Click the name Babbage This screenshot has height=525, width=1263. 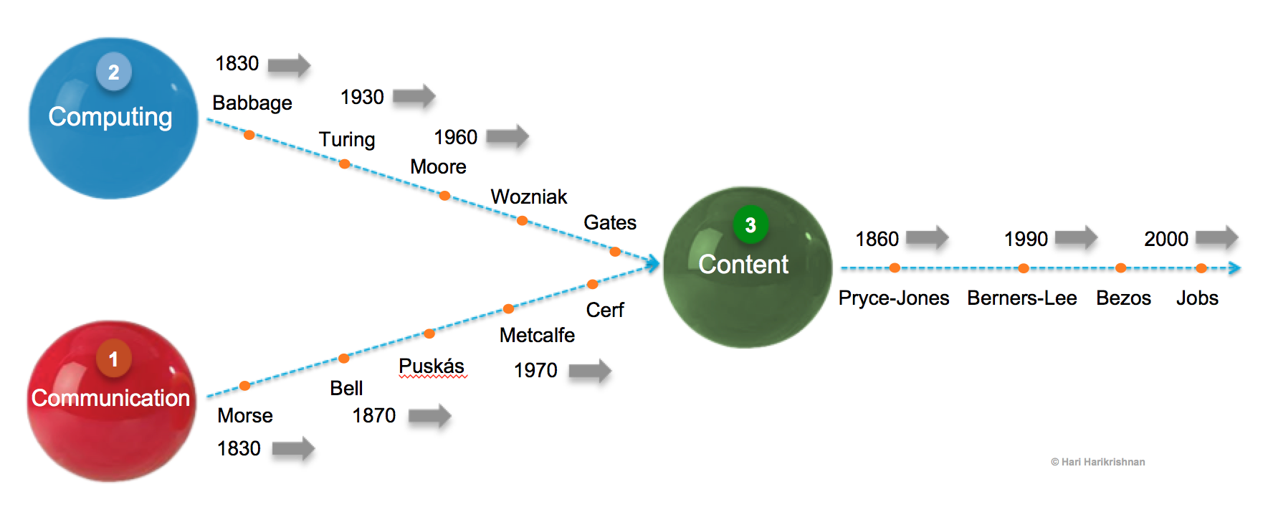(252, 103)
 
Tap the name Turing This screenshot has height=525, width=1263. (347, 139)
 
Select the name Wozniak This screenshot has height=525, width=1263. (529, 197)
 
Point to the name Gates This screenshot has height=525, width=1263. (610, 222)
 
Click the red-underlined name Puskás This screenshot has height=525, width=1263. (432, 366)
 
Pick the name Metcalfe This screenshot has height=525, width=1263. (537, 335)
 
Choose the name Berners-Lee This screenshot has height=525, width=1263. (1021, 298)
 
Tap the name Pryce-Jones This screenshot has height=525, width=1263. (894, 298)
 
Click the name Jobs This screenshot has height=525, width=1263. (1197, 298)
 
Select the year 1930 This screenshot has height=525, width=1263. (362, 97)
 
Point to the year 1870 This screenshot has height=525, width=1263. (373, 415)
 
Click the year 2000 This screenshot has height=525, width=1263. (1166, 239)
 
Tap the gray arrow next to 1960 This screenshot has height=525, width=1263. (507, 136)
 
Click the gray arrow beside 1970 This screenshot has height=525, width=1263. (590, 371)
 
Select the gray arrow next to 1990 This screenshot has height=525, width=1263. (1076, 238)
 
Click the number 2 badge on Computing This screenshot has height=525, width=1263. (114, 72)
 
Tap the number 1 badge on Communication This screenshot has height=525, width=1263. (114, 359)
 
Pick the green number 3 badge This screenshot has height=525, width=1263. (750, 225)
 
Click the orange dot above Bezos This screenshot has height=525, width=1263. (1120, 268)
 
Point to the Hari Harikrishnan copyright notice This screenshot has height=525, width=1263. (1097, 462)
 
